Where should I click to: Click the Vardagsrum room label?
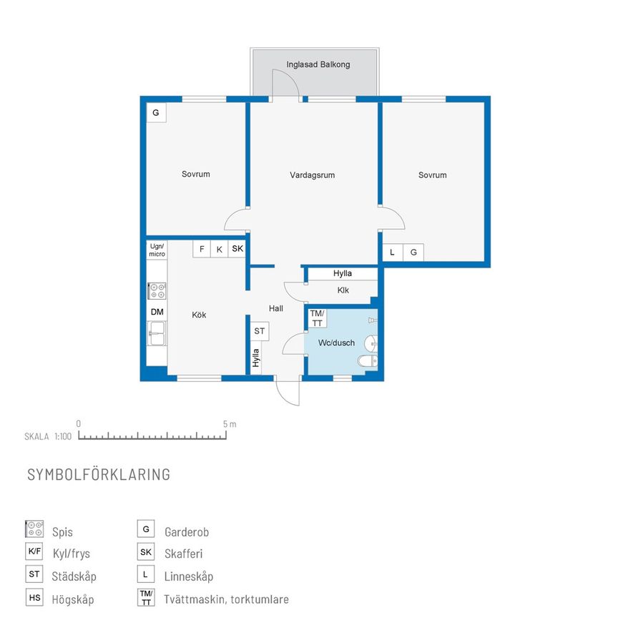pos(312,175)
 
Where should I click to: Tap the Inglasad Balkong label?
pos(318,64)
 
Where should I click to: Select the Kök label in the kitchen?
pos(199,315)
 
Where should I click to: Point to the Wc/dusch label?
pos(336,343)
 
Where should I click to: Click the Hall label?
pos(276,308)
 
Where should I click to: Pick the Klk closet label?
pos(343,290)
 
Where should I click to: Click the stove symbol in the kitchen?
pos(157,291)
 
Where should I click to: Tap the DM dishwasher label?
pos(157,312)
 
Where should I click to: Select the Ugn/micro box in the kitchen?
pos(157,250)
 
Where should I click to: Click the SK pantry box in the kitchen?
pos(237,249)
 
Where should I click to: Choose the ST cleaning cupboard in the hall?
pos(260,331)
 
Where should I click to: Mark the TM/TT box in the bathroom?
pos(318,318)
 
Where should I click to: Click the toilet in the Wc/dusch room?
pos(368,360)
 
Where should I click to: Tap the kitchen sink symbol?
pos(157,333)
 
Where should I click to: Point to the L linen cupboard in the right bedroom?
pos(392,252)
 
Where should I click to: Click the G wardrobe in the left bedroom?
pos(156,113)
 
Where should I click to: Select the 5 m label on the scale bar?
pos(230,424)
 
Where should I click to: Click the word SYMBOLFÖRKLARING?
pos(99,474)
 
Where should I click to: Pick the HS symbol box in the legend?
pos(34,597)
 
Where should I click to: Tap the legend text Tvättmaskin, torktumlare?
pos(226,599)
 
